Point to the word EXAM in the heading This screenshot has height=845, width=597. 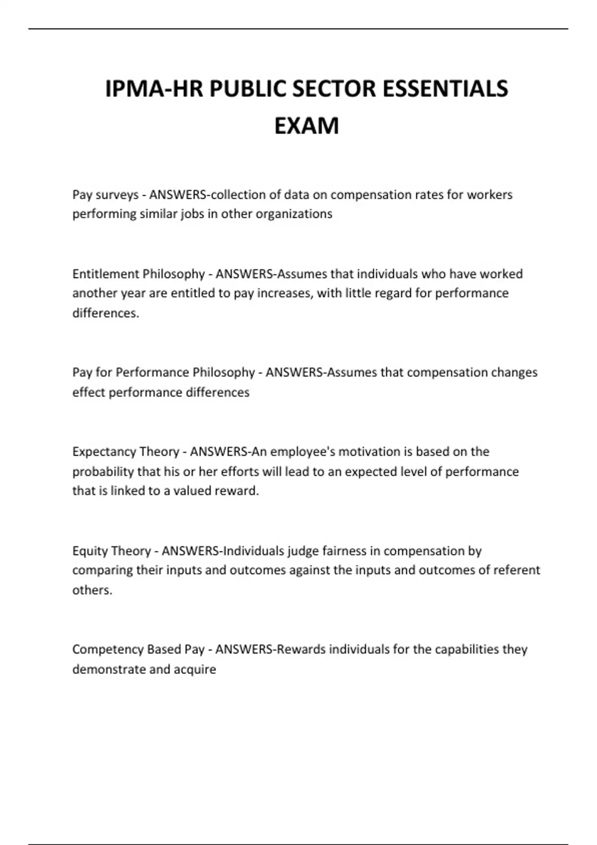pyautogui.click(x=306, y=126)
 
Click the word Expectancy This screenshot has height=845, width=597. pyautogui.click(x=100, y=452)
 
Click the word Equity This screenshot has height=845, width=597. pyautogui.click(x=90, y=551)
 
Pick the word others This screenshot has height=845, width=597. pyautogui.click(x=92, y=590)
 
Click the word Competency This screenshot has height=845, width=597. pyautogui.click(x=102, y=650)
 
